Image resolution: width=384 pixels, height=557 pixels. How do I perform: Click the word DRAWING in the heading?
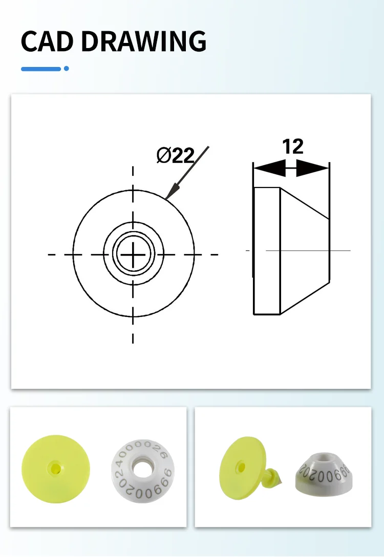click(x=144, y=42)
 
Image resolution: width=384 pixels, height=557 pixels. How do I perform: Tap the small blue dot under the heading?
click(x=66, y=68)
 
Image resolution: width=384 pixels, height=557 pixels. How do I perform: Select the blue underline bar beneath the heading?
click(x=41, y=68)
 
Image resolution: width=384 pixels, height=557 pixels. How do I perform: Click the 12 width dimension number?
click(x=292, y=147)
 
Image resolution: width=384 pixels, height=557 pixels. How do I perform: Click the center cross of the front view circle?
click(x=133, y=254)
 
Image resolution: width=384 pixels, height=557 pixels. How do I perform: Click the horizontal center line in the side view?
click(x=307, y=250)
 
